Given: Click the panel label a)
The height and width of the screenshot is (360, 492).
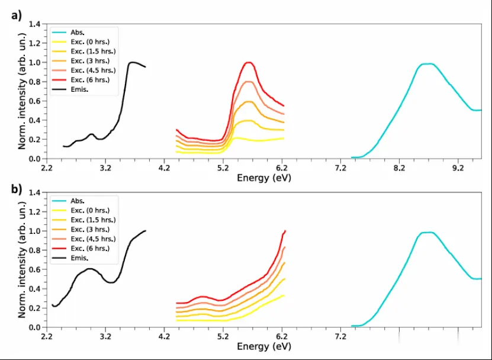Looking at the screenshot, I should [16, 16].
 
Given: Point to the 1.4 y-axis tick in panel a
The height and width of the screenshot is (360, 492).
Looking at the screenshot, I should [36, 24].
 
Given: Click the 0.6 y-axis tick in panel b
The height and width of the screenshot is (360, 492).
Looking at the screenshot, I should [36, 269].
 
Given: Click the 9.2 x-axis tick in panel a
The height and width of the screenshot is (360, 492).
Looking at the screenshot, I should [458, 168].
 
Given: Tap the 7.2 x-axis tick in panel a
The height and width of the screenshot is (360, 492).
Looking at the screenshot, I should [340, 168].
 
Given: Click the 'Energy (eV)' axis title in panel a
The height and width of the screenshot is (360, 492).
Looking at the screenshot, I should [264, 178].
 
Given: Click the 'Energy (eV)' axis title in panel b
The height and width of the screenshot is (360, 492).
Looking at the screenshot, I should [264, 345].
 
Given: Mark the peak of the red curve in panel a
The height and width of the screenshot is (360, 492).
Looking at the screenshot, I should [249, 62].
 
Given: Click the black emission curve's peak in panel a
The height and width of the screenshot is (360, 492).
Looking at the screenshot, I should [132, 62].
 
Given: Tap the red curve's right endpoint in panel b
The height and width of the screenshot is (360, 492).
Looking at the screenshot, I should [285, 231].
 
